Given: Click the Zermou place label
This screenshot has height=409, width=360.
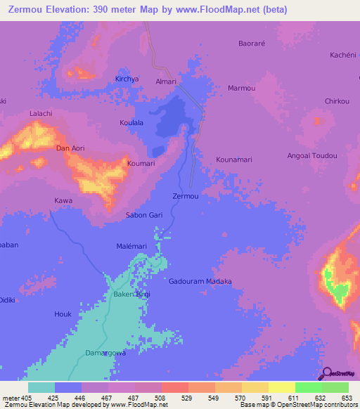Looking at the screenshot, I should pyautogui.click(x=186, y=196).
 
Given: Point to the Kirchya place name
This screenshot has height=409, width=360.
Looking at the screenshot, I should pyautogui.click(x=127, y=79).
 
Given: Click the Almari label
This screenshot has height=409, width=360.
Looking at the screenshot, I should pyautogui.click(x=166, y=82).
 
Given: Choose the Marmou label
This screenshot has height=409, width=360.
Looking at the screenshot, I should pyautogui.click(x=242, y=88).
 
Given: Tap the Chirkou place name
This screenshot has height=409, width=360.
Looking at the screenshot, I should pyautogui.click(x=337, y=101).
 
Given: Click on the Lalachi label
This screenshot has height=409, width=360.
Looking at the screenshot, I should pyautogui.click(x=41, y=113).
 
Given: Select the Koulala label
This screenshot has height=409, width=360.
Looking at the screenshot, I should pyautogui.click(x=131, y=123).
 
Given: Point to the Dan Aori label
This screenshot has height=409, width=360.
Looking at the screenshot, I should pyautogui.click(x=70, y=148).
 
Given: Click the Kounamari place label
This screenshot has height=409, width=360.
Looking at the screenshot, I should pyautogui.click(x=234, y=160).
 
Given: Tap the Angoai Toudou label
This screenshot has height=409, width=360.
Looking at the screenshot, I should pyautogui.click(x=313, y=155).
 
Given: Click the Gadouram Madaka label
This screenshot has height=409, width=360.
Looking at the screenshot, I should pyautogui.click(x=200, y=281).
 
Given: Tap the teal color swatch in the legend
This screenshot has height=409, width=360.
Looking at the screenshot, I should pyautogui.click(x=41, y=387).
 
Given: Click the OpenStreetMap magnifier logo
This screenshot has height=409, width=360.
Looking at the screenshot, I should pyautogui.click(x=327, y=375).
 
